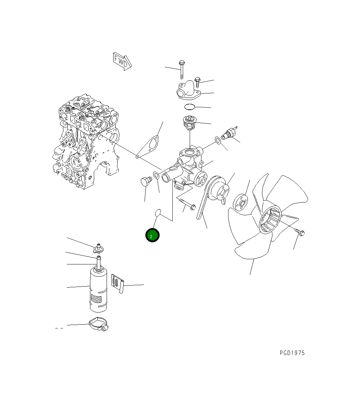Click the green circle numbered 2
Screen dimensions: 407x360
point(152,235)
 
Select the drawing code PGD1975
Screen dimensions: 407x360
point(292,353)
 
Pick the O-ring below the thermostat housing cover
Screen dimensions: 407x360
point(190,106)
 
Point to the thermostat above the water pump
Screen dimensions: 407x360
point(189,123)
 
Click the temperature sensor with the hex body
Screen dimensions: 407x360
point(228,134)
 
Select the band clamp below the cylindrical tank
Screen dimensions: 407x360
point(99,324)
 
